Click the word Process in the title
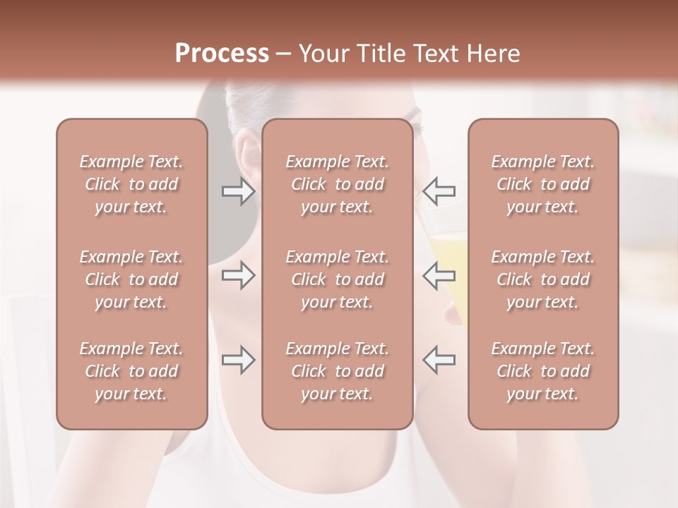tap(222, 53)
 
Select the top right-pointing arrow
tap(238, 191)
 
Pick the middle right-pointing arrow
tap(238, 275)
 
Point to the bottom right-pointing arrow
tap(238, 360)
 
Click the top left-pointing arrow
tap(439, 191)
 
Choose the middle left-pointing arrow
tap(439, 275)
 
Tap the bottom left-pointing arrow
tap(439, 360)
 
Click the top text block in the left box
tap(131, 184)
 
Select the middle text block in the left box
tap(131, 279)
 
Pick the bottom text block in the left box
tap(131, 371)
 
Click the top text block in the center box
tap(337, 184)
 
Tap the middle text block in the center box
tap(337, 279)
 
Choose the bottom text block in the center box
tap(337, 371)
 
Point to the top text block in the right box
tap(542, 184)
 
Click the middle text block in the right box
tap(542, 279)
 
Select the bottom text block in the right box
tap(542, 371)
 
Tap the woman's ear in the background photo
tap(249, 155)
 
